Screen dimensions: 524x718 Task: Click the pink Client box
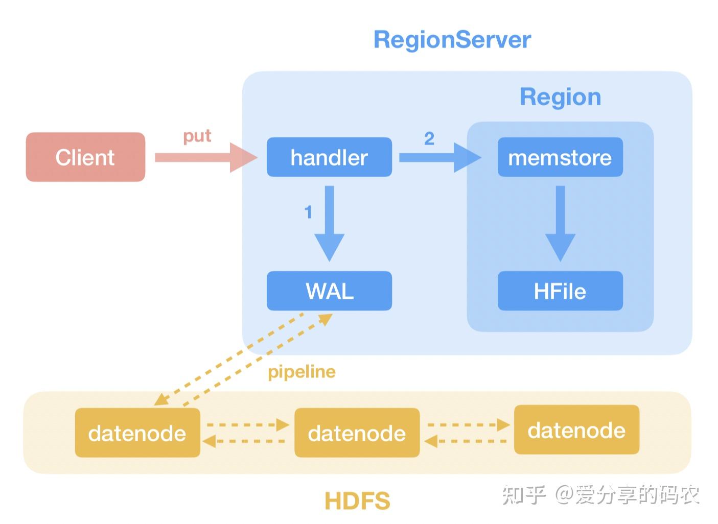point(85,157)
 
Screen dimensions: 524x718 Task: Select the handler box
point(329,157)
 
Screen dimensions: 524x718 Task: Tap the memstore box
point(560,157)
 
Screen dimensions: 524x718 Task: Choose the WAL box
point(329,291)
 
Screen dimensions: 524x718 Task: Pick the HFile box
point(560,291)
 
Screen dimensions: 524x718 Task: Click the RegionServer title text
point(452,40)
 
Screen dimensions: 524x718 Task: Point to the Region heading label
point(560,97)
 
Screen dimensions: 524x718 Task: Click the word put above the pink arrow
point(197,136)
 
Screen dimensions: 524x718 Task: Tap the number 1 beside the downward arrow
point(308,212)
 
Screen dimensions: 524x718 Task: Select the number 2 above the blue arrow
point(429,138)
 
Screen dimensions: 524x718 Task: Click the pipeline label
point(302,372)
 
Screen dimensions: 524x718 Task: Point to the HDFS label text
point(357,501)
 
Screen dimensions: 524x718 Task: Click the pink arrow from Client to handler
point(204,157)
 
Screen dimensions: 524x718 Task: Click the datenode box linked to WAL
point(137,433)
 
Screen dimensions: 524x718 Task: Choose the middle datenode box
point(357,433)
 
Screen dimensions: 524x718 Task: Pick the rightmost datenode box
point(576,430)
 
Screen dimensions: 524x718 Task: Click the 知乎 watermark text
point(524,494)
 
